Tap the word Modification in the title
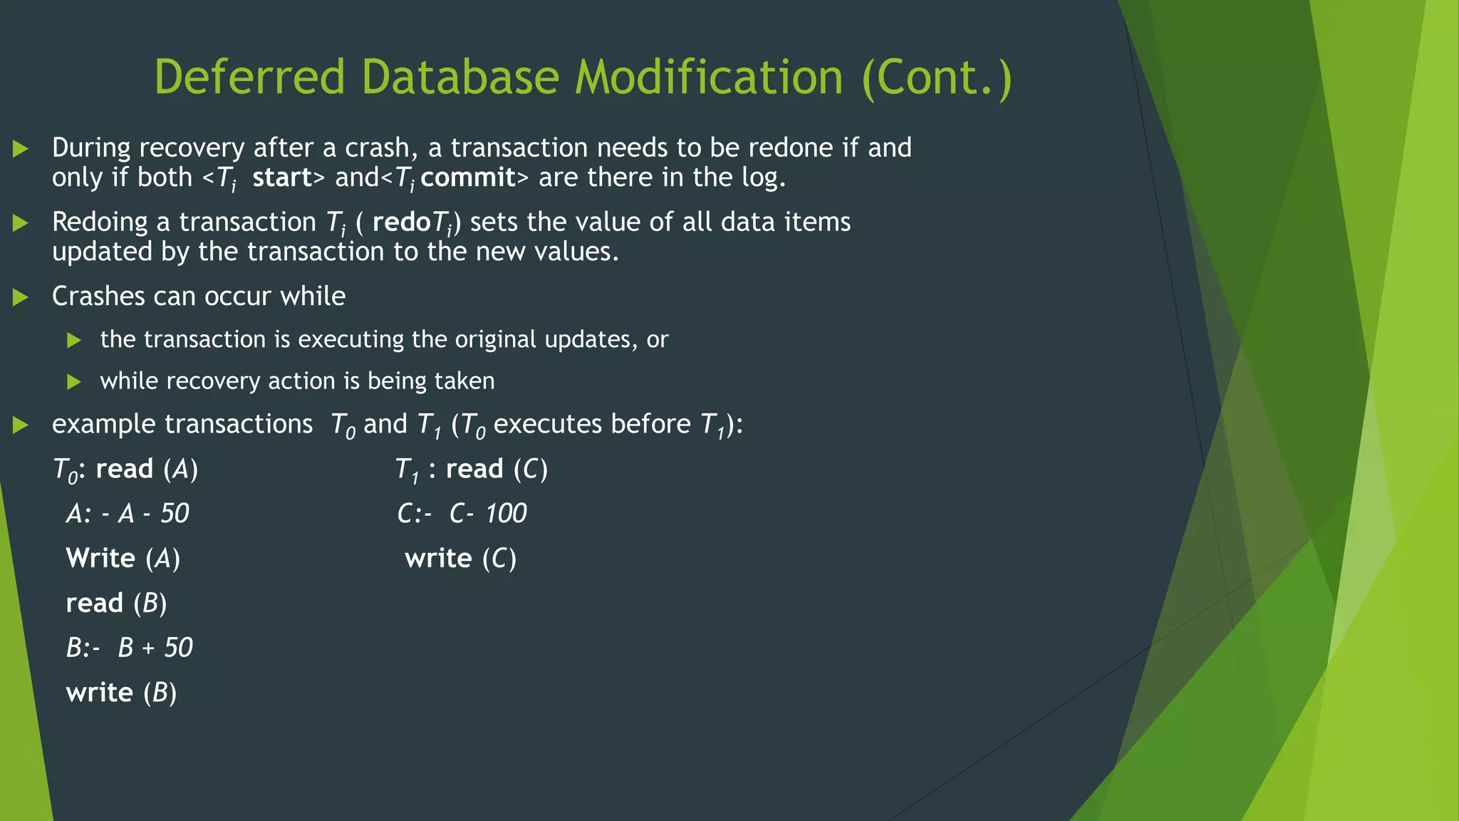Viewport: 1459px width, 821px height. click(x=709, y=77)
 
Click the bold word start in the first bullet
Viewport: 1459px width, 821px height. click(x=282, y=177)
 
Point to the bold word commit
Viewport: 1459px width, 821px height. click(x=468, y=177)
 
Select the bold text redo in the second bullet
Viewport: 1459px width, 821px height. click(x=402, y=222)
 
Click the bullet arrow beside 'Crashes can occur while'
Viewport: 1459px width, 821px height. click(x=21, y=297)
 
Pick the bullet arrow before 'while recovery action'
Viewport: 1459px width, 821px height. click(x=74, y=382)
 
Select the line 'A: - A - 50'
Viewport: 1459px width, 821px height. click(x=128, y=514)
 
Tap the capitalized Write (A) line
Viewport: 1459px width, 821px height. click(x=123, y=559)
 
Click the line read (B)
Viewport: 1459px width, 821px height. click(x=116, y=604)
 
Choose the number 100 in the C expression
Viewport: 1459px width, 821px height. click(x=506, y=514)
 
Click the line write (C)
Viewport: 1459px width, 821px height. click(x=460, y=559)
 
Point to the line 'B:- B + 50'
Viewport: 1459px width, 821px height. click(x=129, y=648)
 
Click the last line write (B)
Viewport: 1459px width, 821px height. click(x=121, y=693)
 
